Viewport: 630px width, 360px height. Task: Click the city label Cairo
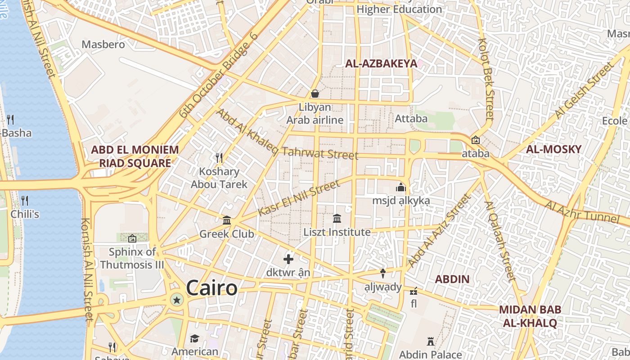211,288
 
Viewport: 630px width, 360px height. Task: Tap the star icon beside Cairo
177,300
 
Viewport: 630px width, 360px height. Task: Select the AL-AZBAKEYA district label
381,63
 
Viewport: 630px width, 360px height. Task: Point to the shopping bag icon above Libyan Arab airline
315,94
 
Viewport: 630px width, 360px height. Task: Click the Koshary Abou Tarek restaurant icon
219,157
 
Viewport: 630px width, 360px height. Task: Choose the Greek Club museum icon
227,220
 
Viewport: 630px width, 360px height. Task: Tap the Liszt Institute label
337,232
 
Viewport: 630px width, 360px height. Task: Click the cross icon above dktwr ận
288,259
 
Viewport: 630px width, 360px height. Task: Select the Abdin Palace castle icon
431,342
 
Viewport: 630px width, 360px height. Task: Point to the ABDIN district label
452,279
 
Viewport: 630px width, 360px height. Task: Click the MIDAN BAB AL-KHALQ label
530,316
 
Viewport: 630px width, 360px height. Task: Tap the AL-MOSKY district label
553,149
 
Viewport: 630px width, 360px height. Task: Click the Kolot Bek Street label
486,79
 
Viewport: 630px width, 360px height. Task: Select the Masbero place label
103,44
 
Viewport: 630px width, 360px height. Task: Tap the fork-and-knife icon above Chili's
25,200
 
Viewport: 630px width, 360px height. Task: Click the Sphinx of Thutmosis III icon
132,238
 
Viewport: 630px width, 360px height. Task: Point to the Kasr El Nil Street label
299,198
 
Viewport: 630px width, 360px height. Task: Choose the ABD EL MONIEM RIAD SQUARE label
135,156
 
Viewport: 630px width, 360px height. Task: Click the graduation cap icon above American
194,338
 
